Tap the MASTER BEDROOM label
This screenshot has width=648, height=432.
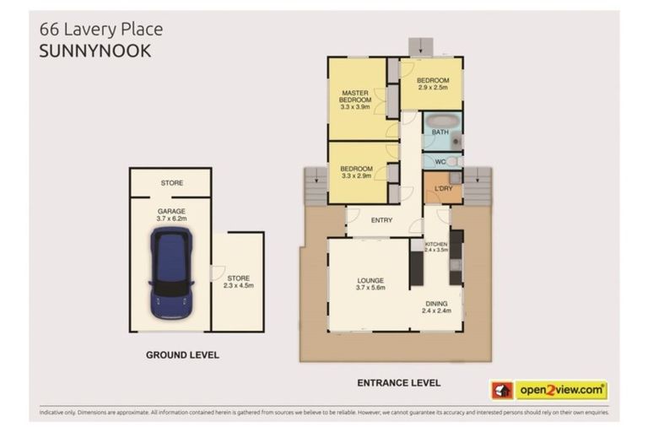tap(356, 99)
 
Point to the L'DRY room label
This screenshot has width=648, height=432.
tap(442, 188)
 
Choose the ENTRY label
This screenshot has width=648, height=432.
tap(381, 220)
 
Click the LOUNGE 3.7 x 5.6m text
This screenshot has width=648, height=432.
tap(370, 284)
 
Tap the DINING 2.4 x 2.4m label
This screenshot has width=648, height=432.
tap(436, 307)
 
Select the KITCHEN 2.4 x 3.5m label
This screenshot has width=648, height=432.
tap(436, 246)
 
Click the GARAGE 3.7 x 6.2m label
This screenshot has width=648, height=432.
tap(170, 215)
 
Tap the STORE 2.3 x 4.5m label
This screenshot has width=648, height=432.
tap(239, 282)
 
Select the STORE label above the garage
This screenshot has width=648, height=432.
tap(171, 182)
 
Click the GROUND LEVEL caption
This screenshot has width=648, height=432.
tap(182, 355)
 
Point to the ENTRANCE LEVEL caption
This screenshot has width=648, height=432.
tap(398, 382)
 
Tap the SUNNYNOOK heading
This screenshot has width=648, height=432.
tap(95, 51)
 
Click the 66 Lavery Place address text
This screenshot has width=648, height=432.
tap(101, 30)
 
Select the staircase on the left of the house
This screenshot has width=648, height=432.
tap(315, 186)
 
